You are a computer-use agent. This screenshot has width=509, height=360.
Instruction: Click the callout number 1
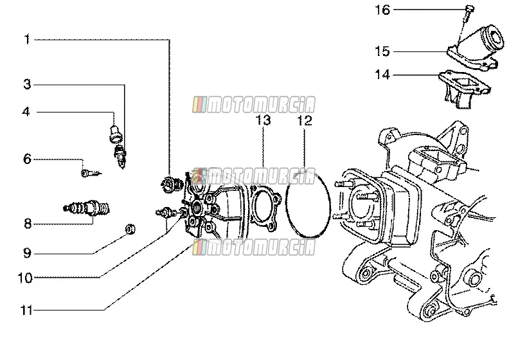pos(27,40)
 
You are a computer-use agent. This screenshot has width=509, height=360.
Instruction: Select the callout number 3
pos(28,84)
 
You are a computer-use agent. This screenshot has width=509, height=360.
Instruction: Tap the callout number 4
pos(26,112)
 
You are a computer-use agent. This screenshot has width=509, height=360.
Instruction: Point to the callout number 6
pos(27,159)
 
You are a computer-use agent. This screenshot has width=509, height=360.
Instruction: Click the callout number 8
pos(28,224)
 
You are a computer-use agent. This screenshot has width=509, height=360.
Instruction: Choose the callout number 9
pos(27,253)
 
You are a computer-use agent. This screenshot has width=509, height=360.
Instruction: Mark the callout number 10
pos(25,278)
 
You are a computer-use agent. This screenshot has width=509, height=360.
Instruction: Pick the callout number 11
pos(26,310)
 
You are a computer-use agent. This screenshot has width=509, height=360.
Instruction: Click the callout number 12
pos(305,120)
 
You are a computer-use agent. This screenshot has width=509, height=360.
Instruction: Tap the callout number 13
pos(263,120)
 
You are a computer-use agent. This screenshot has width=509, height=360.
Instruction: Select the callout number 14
pos(382,75)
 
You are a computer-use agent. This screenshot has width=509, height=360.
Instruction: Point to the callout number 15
pos(382,51)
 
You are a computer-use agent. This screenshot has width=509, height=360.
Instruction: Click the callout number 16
pos(382,10)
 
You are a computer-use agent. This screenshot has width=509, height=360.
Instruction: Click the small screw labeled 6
pos(91,173)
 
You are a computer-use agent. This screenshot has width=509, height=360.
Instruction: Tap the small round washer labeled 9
pos(130,230)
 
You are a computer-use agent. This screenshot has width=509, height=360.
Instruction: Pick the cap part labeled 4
pos(115,134)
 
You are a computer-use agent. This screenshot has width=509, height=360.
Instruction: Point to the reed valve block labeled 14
pos(463,88)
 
